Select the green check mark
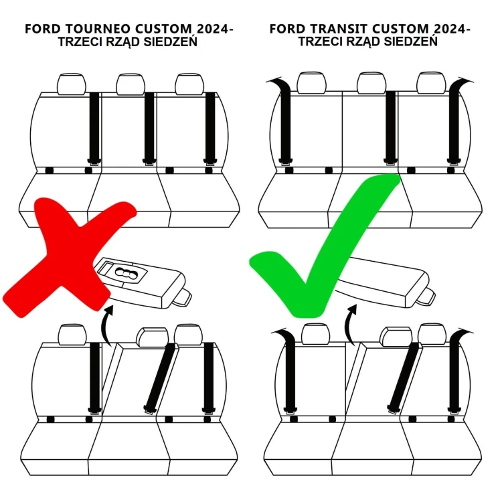click(321, 248)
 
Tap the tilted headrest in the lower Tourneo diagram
click(153, 337)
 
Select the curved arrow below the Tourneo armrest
click(105, 325)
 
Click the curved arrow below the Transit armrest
click(349, 325)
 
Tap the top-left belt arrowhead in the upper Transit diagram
click(275, 82)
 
